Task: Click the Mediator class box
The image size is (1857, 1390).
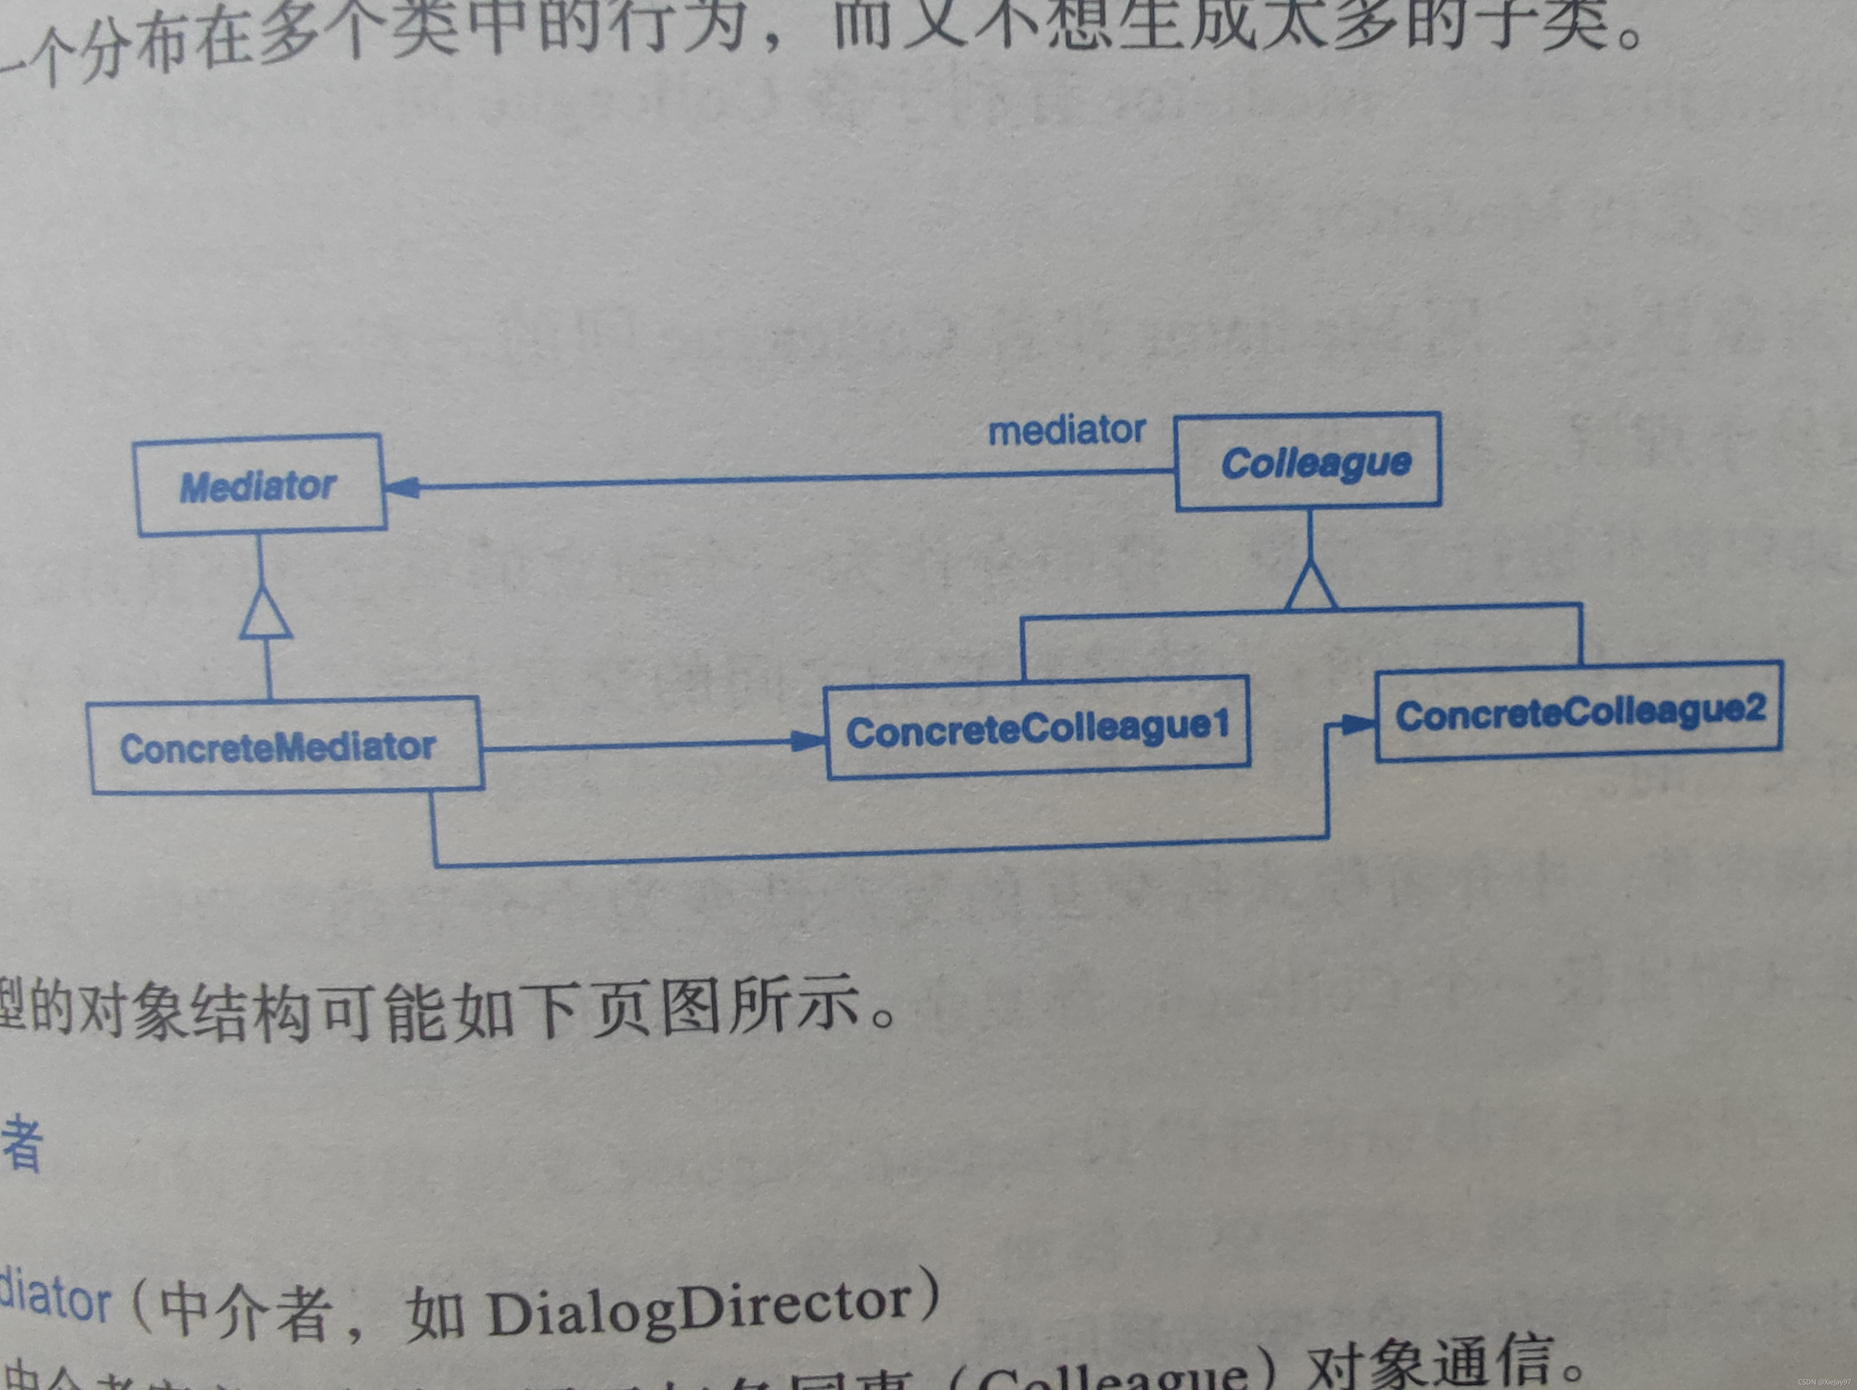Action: [259, 485]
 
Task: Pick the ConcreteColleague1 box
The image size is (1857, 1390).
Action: [1038, 728]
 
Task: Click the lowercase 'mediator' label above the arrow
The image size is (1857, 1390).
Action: [1066, 431]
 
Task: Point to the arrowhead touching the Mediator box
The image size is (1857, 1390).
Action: [403, 487]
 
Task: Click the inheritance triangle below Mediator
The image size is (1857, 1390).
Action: [266, 613]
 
